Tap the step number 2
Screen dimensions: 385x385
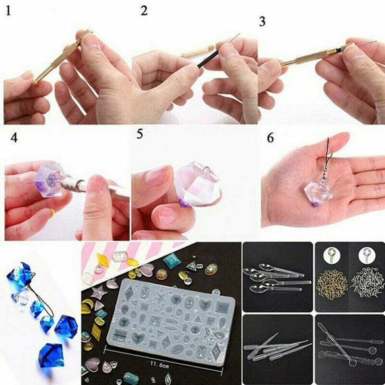click(x=143, y=11)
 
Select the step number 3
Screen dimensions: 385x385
click(x=262, y=21)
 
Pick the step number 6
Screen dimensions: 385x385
click(x=269, y=138)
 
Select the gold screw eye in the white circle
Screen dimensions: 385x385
click(x=330, y=255)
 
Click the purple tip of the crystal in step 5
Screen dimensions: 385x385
click(x=184, y=203)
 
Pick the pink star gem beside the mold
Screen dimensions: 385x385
click(x=99, y=294)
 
